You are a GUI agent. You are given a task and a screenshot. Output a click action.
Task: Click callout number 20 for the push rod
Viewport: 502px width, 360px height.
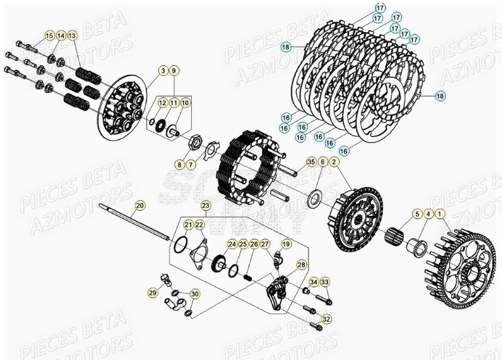click(139, 205)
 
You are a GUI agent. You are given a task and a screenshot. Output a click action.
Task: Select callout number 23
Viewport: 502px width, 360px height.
click(205, 205)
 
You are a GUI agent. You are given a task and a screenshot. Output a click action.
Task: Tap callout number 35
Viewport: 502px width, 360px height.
click(311, 161)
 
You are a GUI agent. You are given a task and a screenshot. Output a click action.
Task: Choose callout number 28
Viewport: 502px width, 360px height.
click(301, 265)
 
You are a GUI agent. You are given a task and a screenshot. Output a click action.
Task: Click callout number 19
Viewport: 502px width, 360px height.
click(287, 244)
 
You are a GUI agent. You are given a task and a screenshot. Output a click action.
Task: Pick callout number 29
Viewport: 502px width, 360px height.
click(152, 292)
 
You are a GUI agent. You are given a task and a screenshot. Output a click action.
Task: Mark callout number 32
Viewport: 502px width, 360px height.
click(327, 319)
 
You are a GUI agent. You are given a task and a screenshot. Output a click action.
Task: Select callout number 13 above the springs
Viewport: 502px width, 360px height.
click(72, 36)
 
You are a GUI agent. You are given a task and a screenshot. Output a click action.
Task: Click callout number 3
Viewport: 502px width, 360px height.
click(162, 71)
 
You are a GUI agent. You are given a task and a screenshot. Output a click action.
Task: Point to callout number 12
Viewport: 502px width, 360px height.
click(162, 103)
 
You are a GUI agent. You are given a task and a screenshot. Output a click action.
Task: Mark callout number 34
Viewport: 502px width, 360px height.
click(313, 283)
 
